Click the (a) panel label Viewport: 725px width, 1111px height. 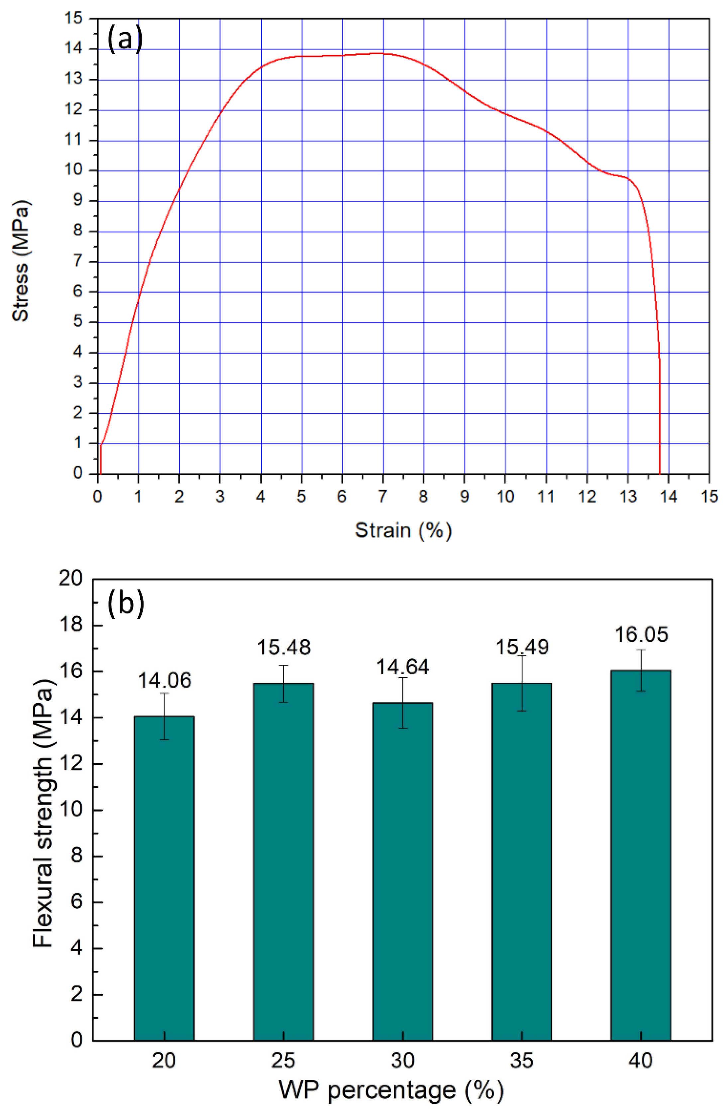(x=125, y=39)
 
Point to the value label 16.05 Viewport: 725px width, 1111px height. (x=641, y=634)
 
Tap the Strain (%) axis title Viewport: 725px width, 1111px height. (x=403, y=530)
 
